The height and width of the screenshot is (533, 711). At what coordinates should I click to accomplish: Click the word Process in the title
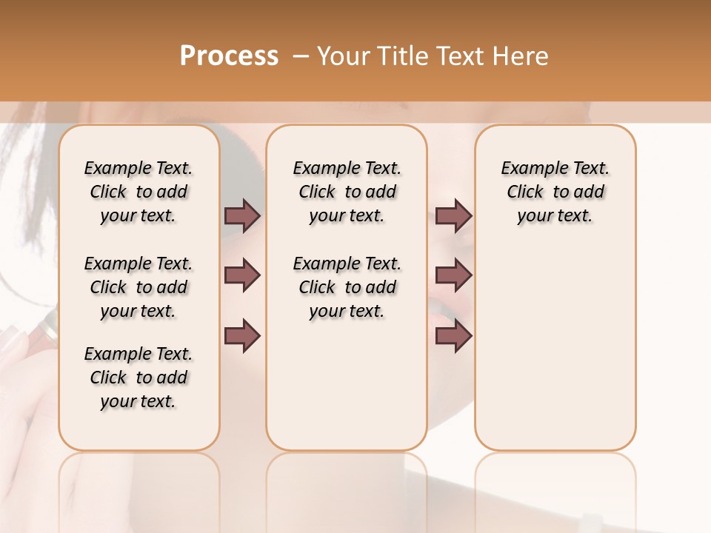(229, 56)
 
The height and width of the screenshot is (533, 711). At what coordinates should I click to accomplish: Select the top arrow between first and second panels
(242, 216)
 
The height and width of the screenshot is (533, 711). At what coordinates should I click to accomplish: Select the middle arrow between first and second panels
(242, 275)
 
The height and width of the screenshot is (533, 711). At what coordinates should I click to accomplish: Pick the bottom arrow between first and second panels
(242, 335)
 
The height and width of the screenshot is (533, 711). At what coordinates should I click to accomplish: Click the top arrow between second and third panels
(453, 216)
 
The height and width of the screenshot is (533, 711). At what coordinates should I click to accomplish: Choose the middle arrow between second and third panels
(453, 275)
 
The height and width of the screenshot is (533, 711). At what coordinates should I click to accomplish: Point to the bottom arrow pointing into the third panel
(453, 335)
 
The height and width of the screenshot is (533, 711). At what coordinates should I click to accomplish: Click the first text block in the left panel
(138, 192)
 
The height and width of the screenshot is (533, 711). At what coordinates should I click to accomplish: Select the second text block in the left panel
(138, 287)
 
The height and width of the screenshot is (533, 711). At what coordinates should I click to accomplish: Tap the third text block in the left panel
(138, 378)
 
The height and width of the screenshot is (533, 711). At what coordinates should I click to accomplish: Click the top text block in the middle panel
(347, 192)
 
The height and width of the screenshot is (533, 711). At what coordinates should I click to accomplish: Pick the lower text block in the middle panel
(347, 287)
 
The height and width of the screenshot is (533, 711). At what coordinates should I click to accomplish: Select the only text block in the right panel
(555, 192)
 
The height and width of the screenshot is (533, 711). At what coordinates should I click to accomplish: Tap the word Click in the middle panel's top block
(317, 192)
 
